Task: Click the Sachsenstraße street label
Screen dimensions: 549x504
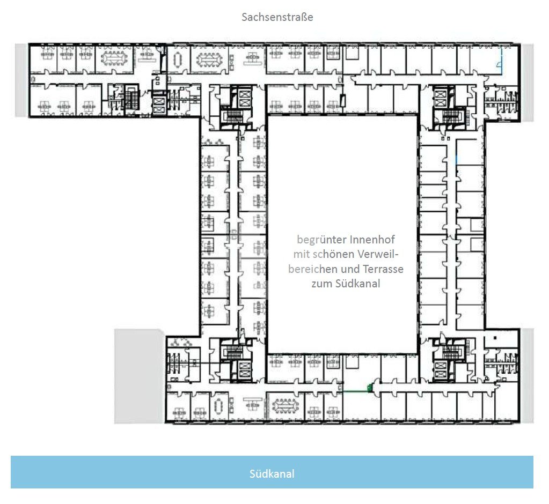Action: (x=277, y=17)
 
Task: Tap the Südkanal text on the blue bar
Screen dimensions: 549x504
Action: (x=272, y=473)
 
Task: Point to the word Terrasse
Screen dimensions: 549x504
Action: (x=383, y=269)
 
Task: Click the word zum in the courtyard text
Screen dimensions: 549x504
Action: (x=322, y=284)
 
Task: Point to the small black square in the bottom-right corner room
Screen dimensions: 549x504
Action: (x=495, y=338)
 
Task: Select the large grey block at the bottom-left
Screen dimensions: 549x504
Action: (x=140, y=376)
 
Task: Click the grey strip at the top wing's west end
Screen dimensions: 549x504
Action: (x=21, y=80)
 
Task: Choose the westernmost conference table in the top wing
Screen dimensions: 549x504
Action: (x=114, y=58)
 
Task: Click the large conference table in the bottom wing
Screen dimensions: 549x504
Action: (x=286, y=405)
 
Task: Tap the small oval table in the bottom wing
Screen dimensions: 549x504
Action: (x=219, y=405)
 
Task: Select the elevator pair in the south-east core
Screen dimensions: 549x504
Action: (x=440, y=370)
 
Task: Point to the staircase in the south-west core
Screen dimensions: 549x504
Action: (x=234, y=352)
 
